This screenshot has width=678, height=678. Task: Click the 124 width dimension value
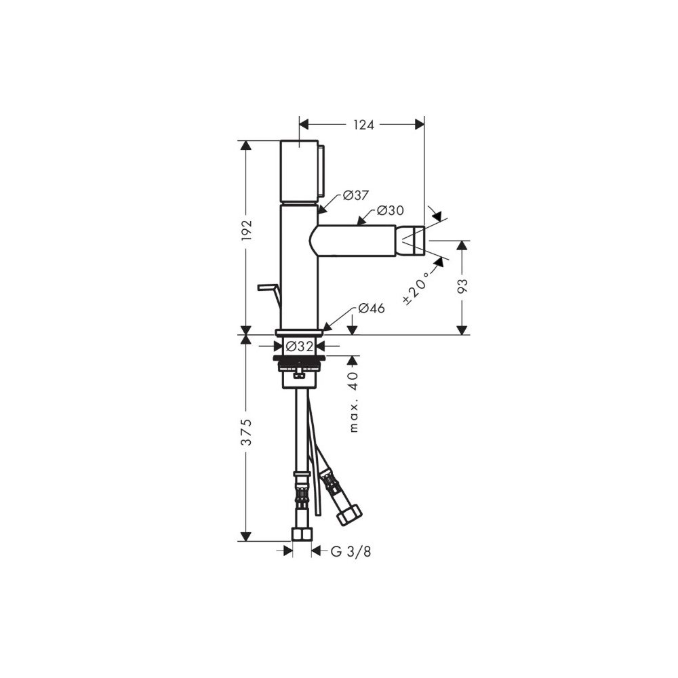[x=363, y=125]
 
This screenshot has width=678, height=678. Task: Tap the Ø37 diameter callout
[x=355, y=195]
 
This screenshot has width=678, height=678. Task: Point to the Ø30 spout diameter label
[x=390, y=211]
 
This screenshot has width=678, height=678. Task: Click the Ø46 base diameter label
[x=372, y=308]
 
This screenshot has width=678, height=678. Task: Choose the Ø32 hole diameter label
[x=299, y=346]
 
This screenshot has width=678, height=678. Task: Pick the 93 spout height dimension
[x=462, y=287]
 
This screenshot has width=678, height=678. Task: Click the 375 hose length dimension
[x=247, y=431]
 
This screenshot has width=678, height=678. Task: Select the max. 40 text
[x=354, y=401]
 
